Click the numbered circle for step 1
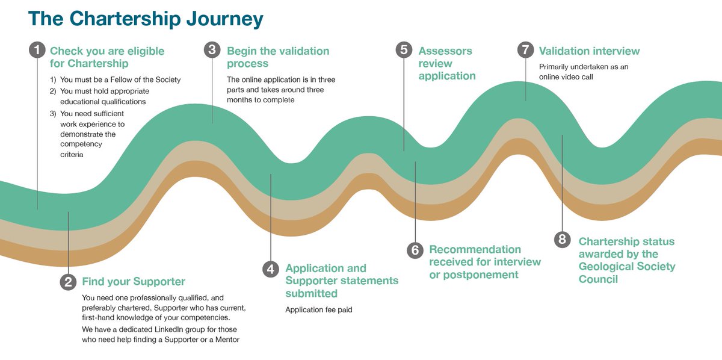tap(37, 50)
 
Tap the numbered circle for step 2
tap(68, 282)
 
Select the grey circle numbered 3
tap(212, 50)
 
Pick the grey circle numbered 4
tap(271, 269)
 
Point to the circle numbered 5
tap(404, 50)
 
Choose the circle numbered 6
tap(415, 250)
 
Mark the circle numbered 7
tap(526, 50)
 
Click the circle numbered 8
tap(563, 240)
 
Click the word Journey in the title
tap(224, 19)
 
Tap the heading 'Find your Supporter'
tap(134, 282)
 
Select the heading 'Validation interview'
tap(589, 51)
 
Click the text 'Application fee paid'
tap(318, 309)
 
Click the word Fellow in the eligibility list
tap(122, 79)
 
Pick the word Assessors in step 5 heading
tap(445, 51)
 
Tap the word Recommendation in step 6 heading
tap(475, 249)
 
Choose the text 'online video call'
tap(566, 77)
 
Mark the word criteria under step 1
tap(72, 155)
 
